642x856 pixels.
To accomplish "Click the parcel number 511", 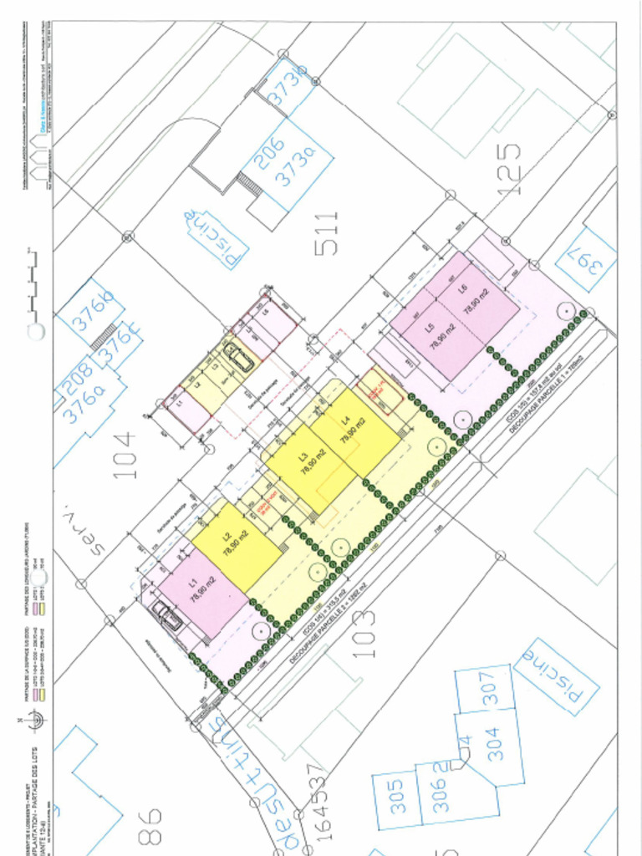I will [x=326, y=234].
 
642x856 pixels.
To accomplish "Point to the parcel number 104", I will [x=124, y=454].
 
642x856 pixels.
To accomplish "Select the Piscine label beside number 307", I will [x=553, y=676].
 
